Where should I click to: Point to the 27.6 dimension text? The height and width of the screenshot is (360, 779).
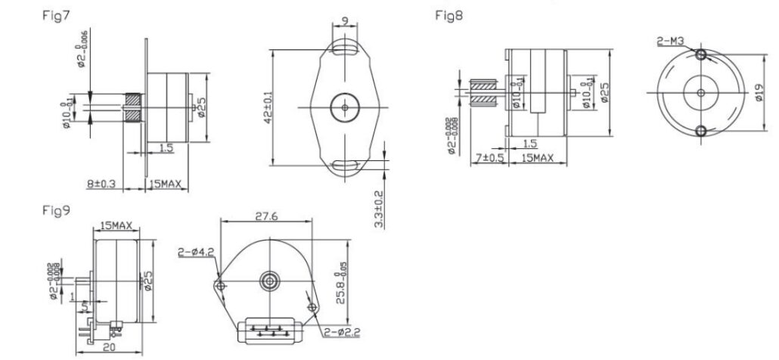pos(264,216)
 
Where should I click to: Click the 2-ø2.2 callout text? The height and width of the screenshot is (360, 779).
pos(343,331)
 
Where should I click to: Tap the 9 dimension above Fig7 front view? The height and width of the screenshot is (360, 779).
pos(346,22)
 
